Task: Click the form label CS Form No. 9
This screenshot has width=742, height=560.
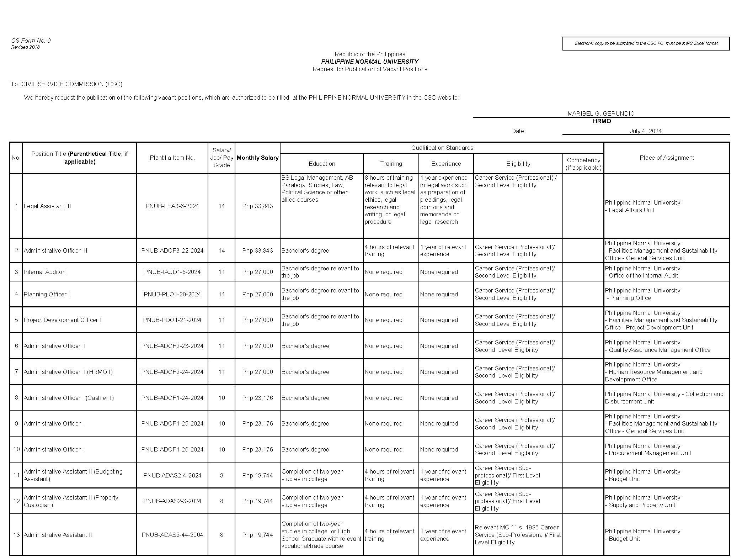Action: [x=31, y=41]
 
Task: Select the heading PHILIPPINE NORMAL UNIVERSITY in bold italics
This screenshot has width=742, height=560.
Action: [x=370, y=62]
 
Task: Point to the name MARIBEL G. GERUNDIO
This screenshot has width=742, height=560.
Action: [x=601, y=113]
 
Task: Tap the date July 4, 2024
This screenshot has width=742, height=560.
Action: [x=646, y=131]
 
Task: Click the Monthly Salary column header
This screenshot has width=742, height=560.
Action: [x=257, y=158]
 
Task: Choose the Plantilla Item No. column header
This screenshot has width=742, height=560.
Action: [x=172, y=158]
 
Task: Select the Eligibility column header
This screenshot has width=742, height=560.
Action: [x=518, y=164]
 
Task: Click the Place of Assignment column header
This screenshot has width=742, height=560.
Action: [x=667, y=158]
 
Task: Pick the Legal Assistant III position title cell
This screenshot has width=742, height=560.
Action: [x=47, y=206]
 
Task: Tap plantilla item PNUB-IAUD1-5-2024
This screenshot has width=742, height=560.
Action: [x=172, y=272]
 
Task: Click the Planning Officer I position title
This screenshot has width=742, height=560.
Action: [x=47, y=294]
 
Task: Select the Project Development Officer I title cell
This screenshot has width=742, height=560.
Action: [x=63, y=320]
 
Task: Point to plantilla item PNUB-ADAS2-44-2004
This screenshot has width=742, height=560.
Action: [x=172, y=535]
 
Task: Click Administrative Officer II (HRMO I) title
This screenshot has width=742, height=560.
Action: [x=68, y=372]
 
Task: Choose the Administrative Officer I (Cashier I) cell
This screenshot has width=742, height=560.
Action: [x=69, y=398]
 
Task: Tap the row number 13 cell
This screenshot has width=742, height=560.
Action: [x=16, y=535]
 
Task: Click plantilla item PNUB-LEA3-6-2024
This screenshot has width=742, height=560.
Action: [x=172, y=206]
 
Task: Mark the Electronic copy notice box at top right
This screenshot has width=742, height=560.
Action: [x=646, y=43]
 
